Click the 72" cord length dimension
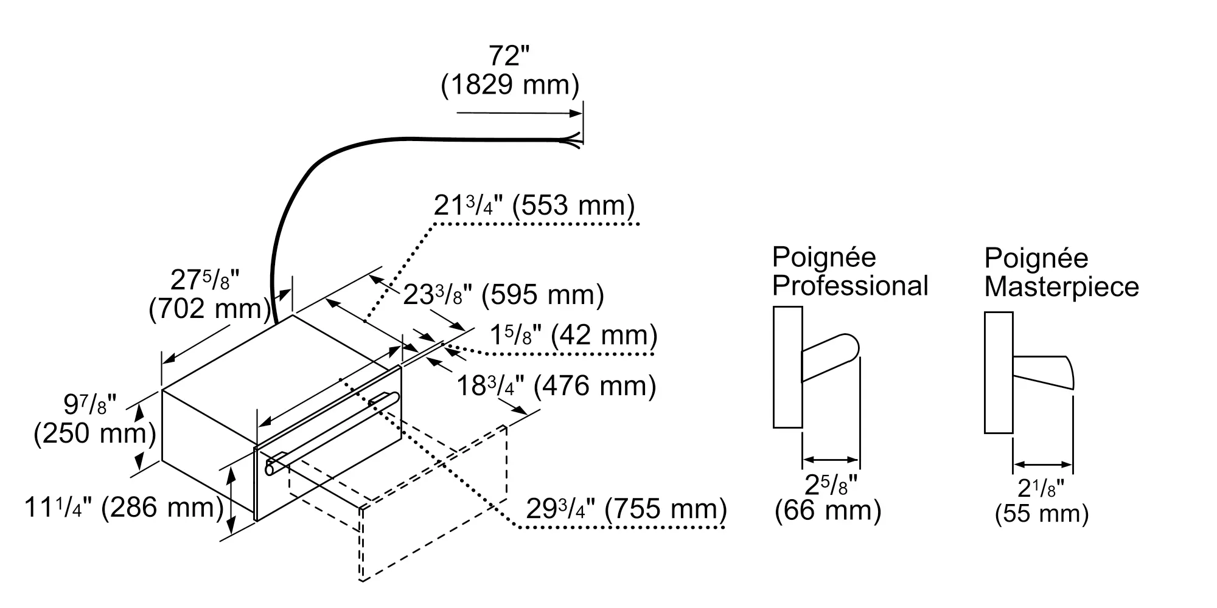pyautogui.click(x=509, y=57)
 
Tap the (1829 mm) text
pyautogui.click(x=510, y=85)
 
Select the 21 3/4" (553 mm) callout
pyautogui.click(x=534, y=206)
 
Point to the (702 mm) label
pyautogui.click(x=209, y=309)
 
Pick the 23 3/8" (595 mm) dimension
pyautogui.click(x=504, y=295)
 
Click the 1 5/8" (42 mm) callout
pyautogui.click(x=573, y=336)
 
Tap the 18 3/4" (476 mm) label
pyautogui.click(x=556, y=386)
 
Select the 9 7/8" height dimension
pyautogui.click(x=90, y=404)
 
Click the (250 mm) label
pyautogui.click(x=95, y=434)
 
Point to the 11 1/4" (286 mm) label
pyautogui.click(x=124, y=508)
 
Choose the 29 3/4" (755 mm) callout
pyautogui.click(x=626, y=509)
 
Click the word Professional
pyautogui.click(x=850, y=286)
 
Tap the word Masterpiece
pyautogui.click(x=1061, y=287)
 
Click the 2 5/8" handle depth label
pyautogui.click(x=831, y=485)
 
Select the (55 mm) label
pyautogui.click(x=1042, y=514)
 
